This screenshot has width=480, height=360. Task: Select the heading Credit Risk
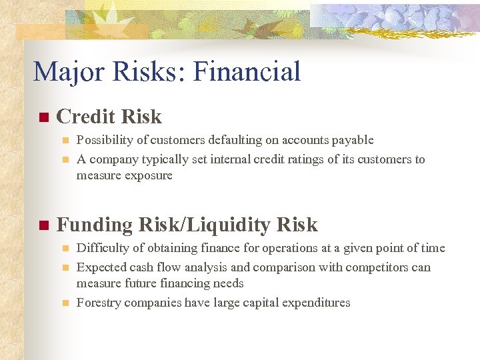109,117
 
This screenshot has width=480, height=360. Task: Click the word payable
353,140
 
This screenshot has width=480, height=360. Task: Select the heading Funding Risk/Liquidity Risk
187,225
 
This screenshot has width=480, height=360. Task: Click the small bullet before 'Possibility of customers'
65,141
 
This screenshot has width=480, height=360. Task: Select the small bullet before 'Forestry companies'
65,303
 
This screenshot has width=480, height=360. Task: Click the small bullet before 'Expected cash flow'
65,268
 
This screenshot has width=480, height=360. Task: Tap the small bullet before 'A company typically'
65,160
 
